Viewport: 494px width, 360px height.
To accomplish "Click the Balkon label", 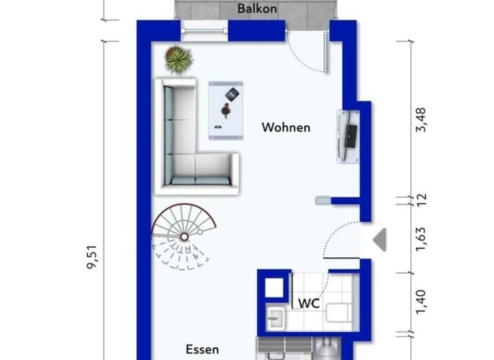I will point(257,8).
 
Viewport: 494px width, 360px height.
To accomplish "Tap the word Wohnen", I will point(286,127).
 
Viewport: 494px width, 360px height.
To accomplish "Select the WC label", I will point(308,302).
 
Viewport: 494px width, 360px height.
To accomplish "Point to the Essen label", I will point(202,349).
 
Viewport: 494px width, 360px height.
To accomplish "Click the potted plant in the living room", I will point(179,60).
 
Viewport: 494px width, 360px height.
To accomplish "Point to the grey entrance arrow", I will point(380,240).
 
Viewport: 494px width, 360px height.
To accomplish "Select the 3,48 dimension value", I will point(421,120).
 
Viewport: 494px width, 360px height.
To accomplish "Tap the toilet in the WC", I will point(338,313).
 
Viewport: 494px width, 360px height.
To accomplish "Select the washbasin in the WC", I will point(275,316).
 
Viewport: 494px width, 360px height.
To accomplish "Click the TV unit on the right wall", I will point(348,135).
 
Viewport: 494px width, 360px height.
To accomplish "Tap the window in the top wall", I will point(204,30).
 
